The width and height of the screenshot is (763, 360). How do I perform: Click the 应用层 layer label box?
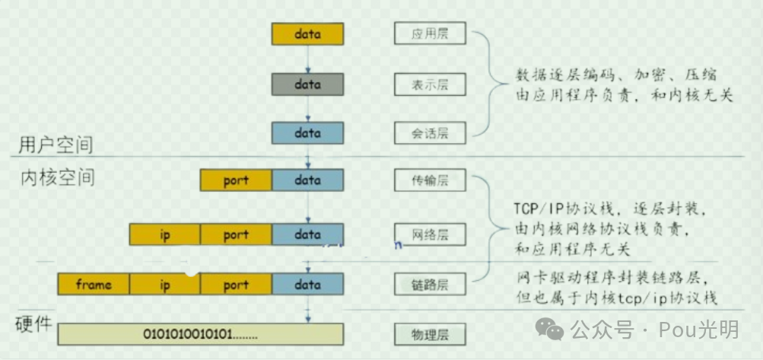430,34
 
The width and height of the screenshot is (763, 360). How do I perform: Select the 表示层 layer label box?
430,84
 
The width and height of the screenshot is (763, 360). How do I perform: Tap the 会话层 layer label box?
430,133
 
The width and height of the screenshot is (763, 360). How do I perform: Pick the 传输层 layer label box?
430,180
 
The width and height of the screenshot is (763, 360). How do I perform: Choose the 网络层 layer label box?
430,234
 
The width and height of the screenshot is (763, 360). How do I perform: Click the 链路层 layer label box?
430,285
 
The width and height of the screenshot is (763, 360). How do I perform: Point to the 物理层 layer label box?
430,333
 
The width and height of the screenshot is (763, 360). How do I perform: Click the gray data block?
307,84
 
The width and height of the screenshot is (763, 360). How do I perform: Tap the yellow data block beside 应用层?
307,34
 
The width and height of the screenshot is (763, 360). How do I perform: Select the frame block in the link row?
94,285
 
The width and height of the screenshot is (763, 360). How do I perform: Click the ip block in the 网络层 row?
164,234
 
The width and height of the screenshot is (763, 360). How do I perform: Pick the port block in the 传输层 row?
236,180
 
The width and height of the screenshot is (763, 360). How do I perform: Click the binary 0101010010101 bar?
201,333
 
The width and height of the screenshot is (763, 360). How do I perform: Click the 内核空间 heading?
56,178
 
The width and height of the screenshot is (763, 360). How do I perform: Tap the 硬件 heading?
33,324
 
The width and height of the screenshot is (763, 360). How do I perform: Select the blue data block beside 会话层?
307,133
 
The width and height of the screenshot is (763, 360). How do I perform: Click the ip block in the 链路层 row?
164,285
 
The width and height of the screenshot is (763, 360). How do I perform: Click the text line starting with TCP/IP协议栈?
610,209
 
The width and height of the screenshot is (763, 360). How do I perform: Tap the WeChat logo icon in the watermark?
550,329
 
